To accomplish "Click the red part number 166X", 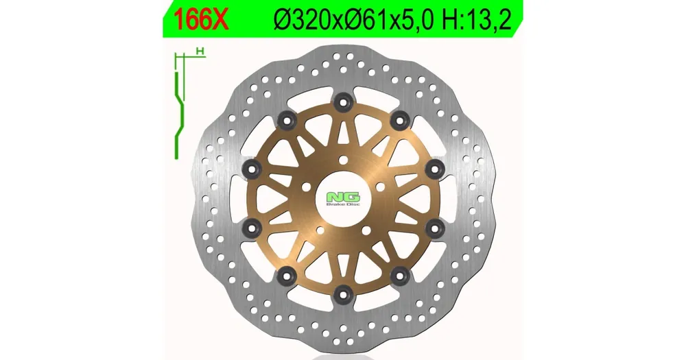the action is [201, 19].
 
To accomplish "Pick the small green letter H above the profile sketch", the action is [200, 51].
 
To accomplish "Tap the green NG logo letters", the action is [343, 197].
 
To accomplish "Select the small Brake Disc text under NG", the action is [343, 205].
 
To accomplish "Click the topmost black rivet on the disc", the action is [343, 104].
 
